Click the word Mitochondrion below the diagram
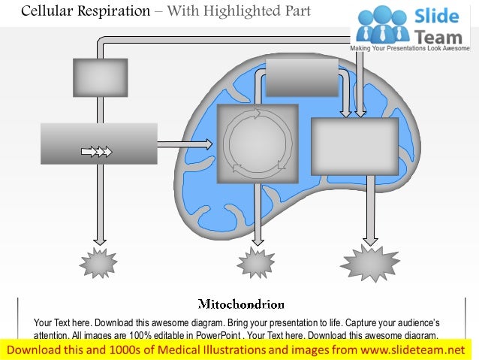point(241,304)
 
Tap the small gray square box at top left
point(100,77)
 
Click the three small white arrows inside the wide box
point(96,153)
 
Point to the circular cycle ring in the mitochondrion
point(258,142)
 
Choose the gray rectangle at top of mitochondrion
point(302,77)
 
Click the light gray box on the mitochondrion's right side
point(354,146)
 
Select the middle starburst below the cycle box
point(257,263)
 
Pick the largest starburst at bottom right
point(369,263)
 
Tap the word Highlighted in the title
point(245,11)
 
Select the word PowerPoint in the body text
point(215,336)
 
